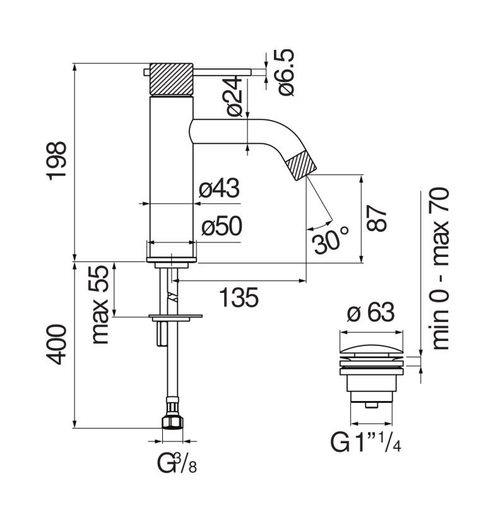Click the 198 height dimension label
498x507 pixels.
coord(57,161)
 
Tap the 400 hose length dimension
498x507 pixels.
coord(57,345)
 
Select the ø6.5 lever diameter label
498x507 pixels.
coord(286,73)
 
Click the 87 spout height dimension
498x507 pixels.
coord(376,218)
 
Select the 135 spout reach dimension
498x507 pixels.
coord(239,297)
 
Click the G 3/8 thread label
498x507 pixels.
coord(177,463)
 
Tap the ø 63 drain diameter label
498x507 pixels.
coord(371,313)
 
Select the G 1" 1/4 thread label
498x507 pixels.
coord(365,442)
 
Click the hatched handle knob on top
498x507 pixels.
coord(172,80)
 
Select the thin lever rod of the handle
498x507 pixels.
coord(222,72)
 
